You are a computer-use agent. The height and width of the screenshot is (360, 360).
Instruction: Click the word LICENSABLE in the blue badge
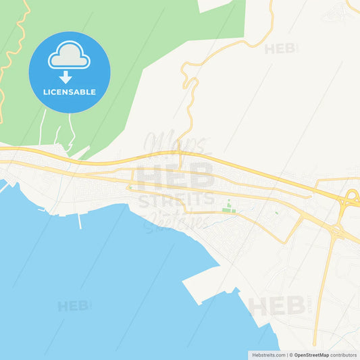point(70,92)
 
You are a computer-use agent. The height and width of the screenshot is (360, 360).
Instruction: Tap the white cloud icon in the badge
point(69,55)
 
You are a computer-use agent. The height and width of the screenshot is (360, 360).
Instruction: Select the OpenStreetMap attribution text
point(311,355)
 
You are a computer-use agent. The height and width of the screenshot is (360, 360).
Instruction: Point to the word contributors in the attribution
point(344,355)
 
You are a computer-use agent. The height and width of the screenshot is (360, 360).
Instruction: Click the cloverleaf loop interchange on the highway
point(351,197)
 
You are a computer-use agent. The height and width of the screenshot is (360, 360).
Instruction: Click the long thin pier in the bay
point(80,220)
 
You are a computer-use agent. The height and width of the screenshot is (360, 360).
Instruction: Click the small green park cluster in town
point(229,208)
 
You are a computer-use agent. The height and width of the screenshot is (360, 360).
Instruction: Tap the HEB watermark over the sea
point(73,306)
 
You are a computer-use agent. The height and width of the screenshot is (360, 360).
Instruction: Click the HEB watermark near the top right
point(279,49)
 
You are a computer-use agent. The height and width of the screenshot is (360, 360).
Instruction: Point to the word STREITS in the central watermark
point(175,199)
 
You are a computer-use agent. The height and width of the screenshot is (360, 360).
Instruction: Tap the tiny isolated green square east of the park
point(276,214)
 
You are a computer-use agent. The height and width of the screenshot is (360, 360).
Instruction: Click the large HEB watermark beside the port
point(277,306)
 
